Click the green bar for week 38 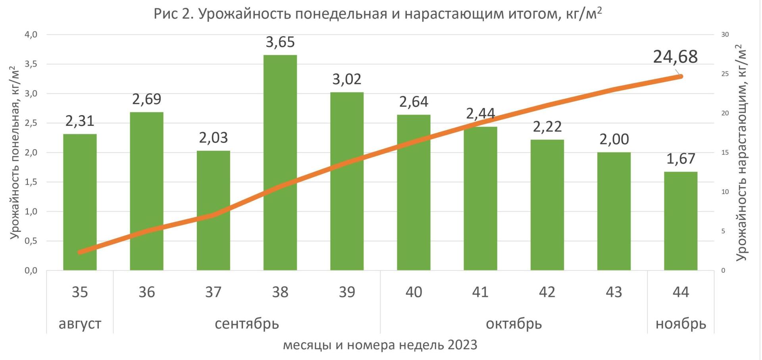tap(280, 163)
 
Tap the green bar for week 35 tap(80, 202)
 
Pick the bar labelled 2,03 tap(214, 210)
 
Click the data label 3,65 tap(280, 42)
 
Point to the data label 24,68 tap(675, 57)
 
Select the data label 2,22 tap(547, 127)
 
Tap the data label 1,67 tap(681, 159)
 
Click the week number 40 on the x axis tap(414, 292)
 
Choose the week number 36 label tap(146, 292)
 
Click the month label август tap(80, 323)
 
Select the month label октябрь tap(514, 323)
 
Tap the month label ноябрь tap(681, 323)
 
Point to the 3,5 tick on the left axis tap(31, 64)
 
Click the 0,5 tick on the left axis tap(31, 241)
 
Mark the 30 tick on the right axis tap(725, 35)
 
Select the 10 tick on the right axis tap(725, 192)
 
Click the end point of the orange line tap(680, 76)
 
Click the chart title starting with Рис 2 tap(377, 14)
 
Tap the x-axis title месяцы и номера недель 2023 tap(380, 345)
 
